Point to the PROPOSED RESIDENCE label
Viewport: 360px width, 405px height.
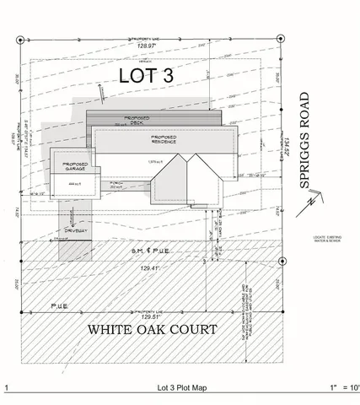(x=163, y=141)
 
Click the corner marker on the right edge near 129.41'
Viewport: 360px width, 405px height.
(x=282, y=261)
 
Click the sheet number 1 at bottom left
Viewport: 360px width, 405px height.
(x=6, y=388)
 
